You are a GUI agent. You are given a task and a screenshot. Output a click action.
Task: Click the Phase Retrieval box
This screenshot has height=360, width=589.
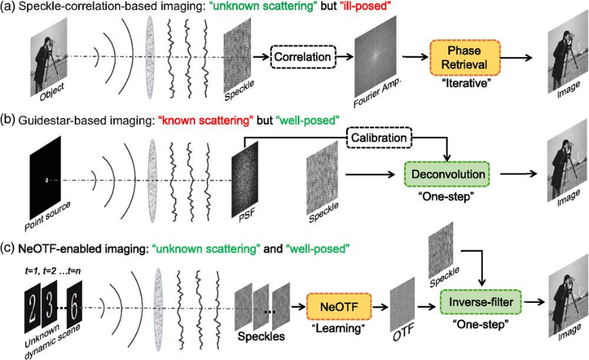(465, 57)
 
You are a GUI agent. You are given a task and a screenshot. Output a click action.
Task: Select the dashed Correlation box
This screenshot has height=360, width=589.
(303, 57)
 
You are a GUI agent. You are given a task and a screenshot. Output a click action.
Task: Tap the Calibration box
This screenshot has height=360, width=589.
(379, 138)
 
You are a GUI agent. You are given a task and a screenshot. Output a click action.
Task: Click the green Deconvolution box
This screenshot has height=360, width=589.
(448, 174)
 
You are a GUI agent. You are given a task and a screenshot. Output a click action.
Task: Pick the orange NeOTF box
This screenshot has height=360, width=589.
(339, 307)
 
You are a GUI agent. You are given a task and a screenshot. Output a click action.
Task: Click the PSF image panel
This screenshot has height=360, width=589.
(245, 180)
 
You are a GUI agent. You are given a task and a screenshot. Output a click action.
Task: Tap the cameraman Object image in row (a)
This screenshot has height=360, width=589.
(49, 57)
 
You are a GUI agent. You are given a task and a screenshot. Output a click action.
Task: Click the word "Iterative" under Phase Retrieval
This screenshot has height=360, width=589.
(466, 83)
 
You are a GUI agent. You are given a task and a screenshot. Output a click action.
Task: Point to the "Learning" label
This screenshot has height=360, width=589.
(338, 329)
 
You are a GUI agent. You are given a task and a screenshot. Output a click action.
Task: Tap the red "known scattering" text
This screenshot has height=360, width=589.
(206, 120)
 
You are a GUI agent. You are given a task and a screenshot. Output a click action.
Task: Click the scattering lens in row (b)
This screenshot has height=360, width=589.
(152, 181)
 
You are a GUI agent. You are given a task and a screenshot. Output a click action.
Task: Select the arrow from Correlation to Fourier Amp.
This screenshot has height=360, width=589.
(345, 56)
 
